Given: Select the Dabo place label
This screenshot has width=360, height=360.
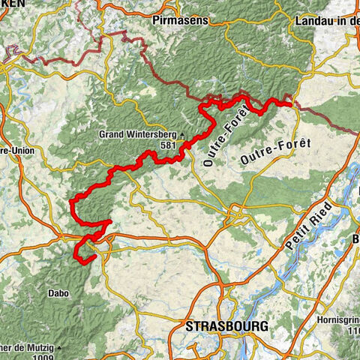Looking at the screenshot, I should [59, 293].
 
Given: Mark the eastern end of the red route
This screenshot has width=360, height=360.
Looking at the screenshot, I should [291, 103].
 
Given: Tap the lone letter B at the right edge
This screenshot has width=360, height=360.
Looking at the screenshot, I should [355, 239].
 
